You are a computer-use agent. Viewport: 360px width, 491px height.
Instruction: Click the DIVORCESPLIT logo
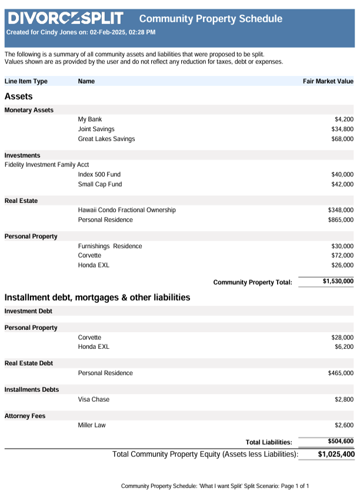pyautogui.click(x=65, y=18)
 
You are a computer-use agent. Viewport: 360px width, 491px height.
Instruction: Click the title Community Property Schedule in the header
pyautogui.click(x=211, y=19)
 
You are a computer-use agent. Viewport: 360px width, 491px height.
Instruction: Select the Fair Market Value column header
pyautogui.click(x=328, y=81)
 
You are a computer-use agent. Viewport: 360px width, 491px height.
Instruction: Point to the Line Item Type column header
pyautogui.click(x=26, y=81)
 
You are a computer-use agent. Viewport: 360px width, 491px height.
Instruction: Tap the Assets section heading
pyautogui.click(x=18, y=96)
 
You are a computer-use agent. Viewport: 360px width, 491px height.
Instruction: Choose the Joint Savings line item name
pyautogui.click(x=96, y=129)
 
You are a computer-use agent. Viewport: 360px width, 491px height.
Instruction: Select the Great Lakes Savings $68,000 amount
pyautogui.click(x=342, y=139)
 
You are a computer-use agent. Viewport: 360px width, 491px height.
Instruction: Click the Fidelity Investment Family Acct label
pyautogui.click(x=46, y=165)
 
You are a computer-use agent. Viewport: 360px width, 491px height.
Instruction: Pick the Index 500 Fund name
pyautogui.click(x=99, y=175)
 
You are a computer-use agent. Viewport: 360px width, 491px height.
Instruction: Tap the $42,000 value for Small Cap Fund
pyautogui.click(x=342, y=184)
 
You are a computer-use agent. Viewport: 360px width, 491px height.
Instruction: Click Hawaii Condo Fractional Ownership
pyautogui.click(x=126, y=210)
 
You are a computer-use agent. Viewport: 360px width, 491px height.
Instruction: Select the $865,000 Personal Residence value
pyautogui.click(x=341, y=220)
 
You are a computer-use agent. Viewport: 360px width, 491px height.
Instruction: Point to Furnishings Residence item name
pyautogui.click(x=109, y=246)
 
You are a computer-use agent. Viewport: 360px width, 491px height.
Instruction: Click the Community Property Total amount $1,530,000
pyautogui.click(x=338, y=282)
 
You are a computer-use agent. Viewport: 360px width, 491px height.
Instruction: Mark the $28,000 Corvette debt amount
pyautogui.click(x=342, y=338)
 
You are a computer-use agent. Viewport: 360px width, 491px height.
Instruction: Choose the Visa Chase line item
pyautogui.click(x=94, y=399)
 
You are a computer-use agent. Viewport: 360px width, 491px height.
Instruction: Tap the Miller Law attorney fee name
pyautogui.click(x=92, y=425)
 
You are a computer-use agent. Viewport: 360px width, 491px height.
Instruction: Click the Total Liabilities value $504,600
pyautogui.click(x=341, y=441)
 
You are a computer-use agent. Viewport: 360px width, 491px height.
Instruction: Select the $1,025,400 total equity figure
pyautogui.click(x=336, y=454)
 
